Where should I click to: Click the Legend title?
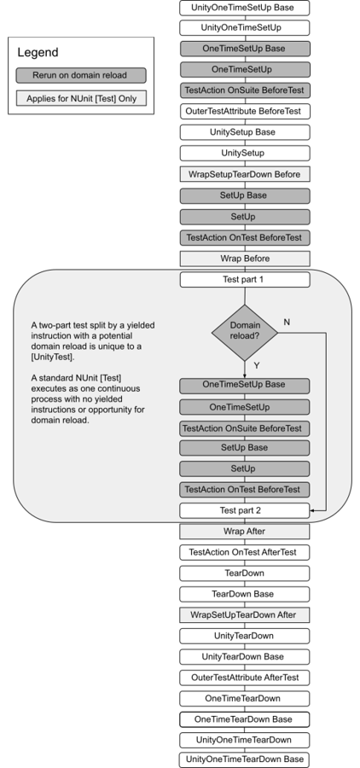38,53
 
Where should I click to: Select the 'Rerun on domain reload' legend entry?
81,75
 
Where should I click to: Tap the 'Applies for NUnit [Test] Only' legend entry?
81,98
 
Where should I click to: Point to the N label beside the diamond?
286,322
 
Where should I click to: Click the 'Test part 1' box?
244,279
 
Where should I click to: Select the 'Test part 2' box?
244,510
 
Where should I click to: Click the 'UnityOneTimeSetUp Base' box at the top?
244,7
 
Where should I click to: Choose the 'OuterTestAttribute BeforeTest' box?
244,112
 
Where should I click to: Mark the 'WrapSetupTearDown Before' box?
244,174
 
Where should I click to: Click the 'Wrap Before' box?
244,258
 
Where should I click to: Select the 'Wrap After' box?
244,531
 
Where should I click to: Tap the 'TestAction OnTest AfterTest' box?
244,552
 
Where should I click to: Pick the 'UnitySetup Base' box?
244,132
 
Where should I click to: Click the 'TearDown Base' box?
244,594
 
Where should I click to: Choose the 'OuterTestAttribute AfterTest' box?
244,678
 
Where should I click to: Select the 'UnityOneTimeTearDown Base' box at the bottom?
244,759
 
